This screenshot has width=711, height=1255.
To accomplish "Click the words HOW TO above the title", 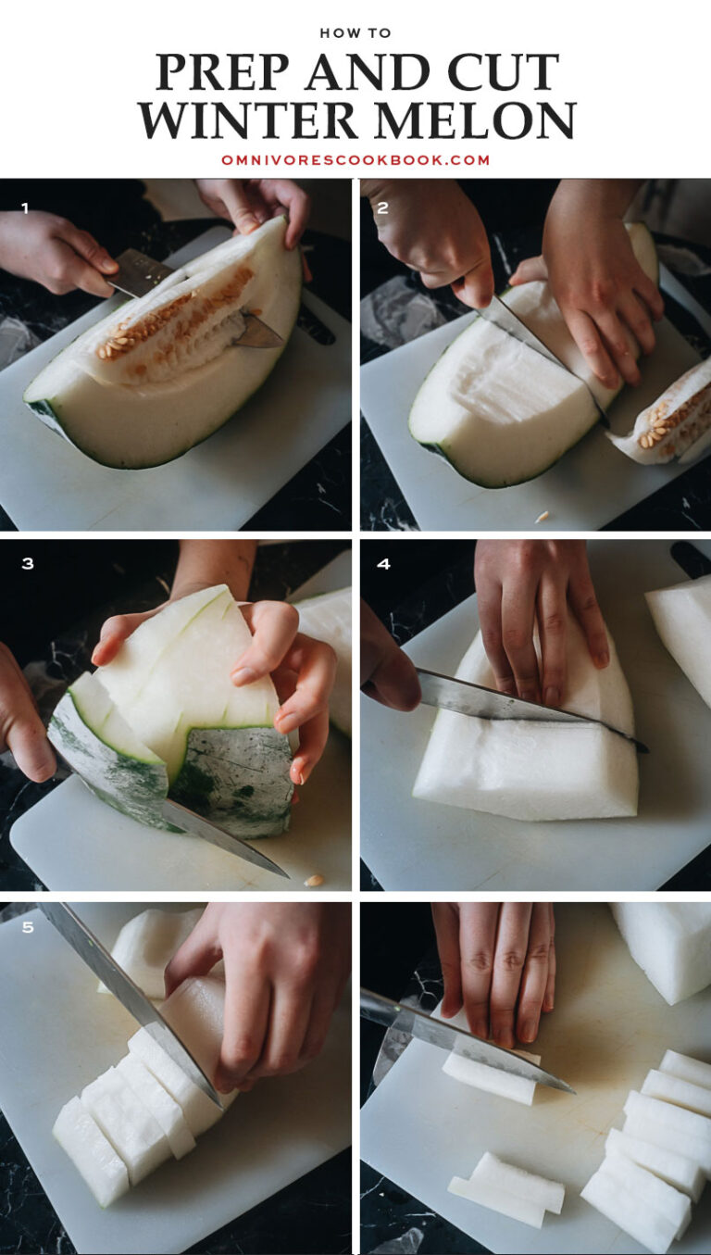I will [x=355, y=33].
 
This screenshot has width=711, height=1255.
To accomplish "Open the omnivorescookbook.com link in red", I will [x=355, y=160].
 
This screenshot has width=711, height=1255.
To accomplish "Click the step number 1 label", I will [x=25, y=208].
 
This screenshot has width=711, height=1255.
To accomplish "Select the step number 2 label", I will [x=382, y=208].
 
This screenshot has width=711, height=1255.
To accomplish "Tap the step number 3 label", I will [x=27, y=563].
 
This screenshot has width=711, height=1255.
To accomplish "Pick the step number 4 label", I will [x=383, y=563].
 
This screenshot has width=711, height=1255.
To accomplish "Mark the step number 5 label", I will [x=27, y=926].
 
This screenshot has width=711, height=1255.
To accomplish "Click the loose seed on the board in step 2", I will [x=542, y=516].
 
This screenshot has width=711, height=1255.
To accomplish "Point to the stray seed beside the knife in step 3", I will [x=315, y=880].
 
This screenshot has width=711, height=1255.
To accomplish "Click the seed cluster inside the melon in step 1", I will [x=176, y=320].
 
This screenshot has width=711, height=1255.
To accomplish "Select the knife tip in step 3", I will [x=282, y=872].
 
